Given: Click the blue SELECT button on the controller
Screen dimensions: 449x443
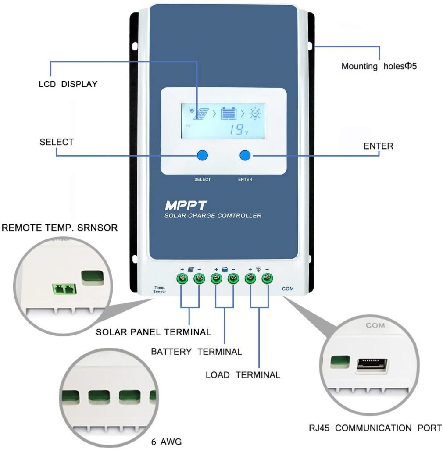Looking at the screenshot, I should point(202,155).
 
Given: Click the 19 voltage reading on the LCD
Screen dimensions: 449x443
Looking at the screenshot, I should point(237,129).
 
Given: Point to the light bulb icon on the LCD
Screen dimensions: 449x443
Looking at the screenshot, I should point(254,114).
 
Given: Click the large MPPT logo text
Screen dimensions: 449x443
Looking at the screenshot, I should point(182,205).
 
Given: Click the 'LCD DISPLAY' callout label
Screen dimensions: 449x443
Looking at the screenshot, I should point(68,84).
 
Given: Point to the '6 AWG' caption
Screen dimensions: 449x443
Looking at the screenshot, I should point(163,441).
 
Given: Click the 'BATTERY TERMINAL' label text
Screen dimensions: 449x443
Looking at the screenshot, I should point(196,352).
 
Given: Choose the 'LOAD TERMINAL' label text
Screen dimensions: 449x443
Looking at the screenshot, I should point(243,375).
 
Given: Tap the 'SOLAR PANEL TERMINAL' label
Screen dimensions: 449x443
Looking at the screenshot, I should point(154,332).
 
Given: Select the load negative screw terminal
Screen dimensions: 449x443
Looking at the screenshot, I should point(267,278).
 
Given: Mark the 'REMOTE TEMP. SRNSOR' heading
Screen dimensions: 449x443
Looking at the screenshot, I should point(60,228).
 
